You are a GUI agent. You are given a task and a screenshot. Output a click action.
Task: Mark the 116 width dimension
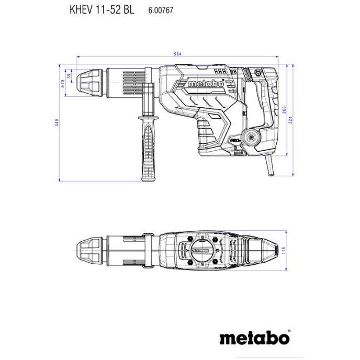tap(283, 250)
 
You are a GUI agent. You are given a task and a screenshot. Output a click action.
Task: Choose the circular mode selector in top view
tap(201, 251)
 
